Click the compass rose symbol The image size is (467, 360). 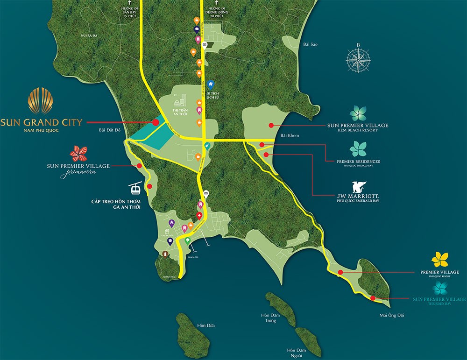(358, 59)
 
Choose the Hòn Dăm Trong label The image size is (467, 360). (271, 318)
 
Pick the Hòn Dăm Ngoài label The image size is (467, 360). (298, 353)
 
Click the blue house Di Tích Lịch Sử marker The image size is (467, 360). (211, 85)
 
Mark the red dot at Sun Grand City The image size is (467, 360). (154, 122)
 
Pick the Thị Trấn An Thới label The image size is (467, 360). (180, 113)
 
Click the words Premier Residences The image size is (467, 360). (358, 162)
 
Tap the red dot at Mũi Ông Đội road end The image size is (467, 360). (373, 298)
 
